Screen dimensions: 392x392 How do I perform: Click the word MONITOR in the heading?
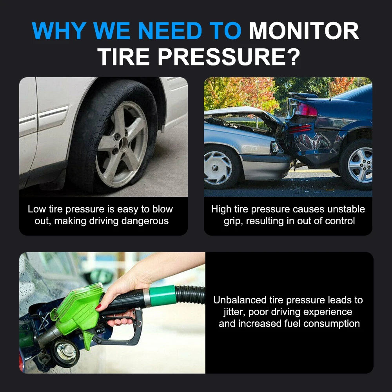pyautogui.click(x=304, y=31)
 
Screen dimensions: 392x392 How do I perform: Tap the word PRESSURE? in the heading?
pyautogui.click(x=229, y=56)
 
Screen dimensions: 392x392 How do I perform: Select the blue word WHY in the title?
pyautogui.click(x=59, y=31)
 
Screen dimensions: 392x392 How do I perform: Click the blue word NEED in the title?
pyautogui.click(x=170, y=31)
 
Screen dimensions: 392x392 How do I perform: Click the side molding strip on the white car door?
pyautogui.click(x=53, y=118)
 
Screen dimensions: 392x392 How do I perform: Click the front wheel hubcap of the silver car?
pyautogui.click(x=217, y=167)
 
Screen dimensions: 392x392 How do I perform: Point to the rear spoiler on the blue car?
pyautogui.click(x=303, y=95)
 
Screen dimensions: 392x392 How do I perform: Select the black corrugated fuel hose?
pyautogui.click(x=190, y=295)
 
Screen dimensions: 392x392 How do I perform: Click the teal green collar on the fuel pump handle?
pyautogui.click(x=163, y=296)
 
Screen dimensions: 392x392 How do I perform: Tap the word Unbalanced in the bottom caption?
pyautogui.click(x=240, y=300)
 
